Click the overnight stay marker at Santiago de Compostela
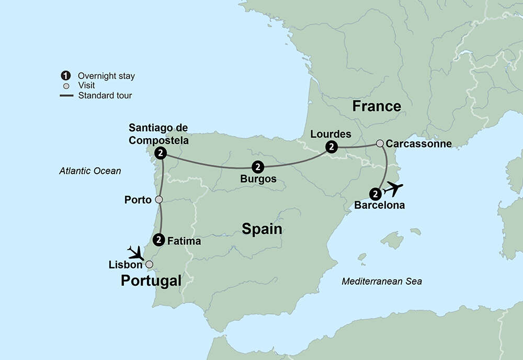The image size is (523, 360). tap(162, 153)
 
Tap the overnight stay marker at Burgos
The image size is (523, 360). tap(257, 167)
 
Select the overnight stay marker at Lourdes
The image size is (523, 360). tap(331, 148)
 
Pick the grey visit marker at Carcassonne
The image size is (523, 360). tap(380, 143)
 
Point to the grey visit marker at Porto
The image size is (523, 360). tap(159, 199)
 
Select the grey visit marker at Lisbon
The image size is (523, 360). tap(149, 264)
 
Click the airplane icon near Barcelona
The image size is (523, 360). tap(393, 188)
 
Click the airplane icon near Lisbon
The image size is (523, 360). tap(135, 253)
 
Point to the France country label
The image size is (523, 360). tap(377, 106)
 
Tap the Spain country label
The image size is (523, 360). tap(261, 229)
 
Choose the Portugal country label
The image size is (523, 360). tap(151, 281)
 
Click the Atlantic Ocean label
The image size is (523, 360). tap(90, 171)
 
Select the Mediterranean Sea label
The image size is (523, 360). tap(382, 282)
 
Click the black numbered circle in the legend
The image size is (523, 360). tap(66, 76)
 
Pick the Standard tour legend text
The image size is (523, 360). tap(105, 95)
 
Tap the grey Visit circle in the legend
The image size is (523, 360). tap(66, 86)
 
